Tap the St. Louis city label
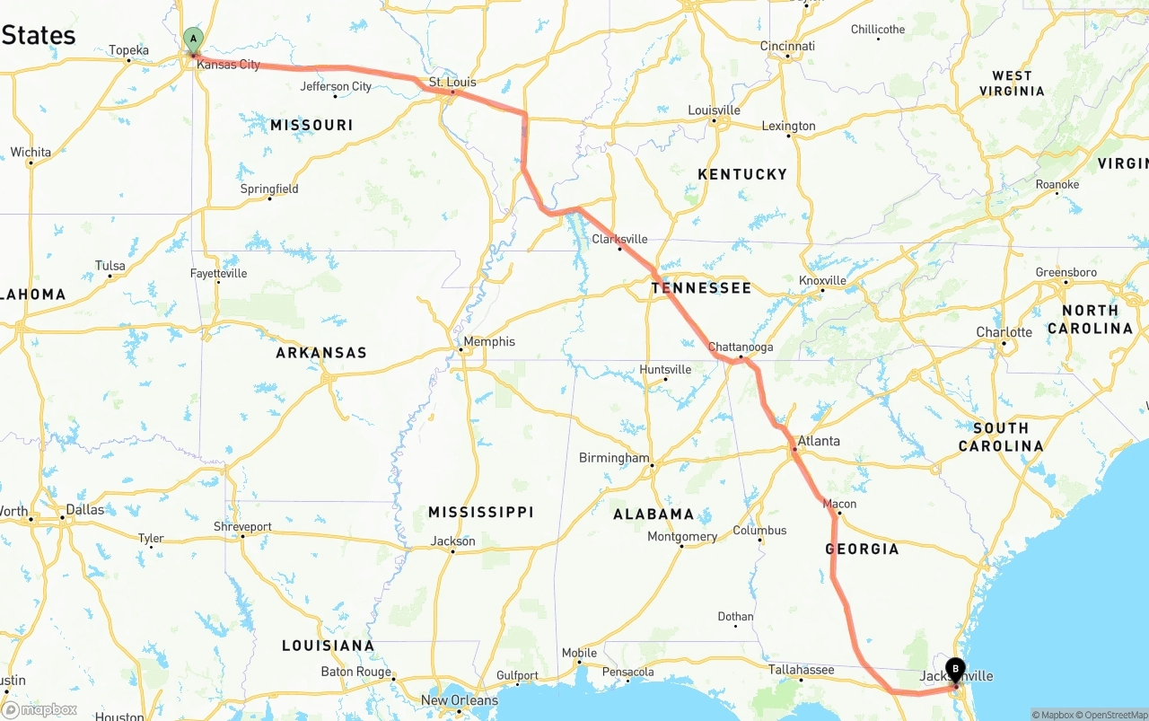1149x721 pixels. click(452, 83)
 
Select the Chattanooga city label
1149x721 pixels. click(741, 347)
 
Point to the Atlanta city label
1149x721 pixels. click(819, 441)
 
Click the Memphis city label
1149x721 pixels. click(489, 341)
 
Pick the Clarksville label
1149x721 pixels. click(619, 239)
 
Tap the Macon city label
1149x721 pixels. click(839, 504)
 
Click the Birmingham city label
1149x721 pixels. click(614, 458)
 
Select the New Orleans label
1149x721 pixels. click(460, 700)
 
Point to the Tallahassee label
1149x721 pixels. click(802, 670)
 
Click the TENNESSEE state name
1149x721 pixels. click(701, 288)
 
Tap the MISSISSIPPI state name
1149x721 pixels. click(480, 512)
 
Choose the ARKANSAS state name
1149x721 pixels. click(321, 353)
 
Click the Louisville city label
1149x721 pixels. click(714, 110)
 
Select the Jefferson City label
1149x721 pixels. click(336, 86)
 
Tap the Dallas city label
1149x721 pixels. click(84, 509)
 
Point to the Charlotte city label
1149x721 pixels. click(1004, 332)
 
